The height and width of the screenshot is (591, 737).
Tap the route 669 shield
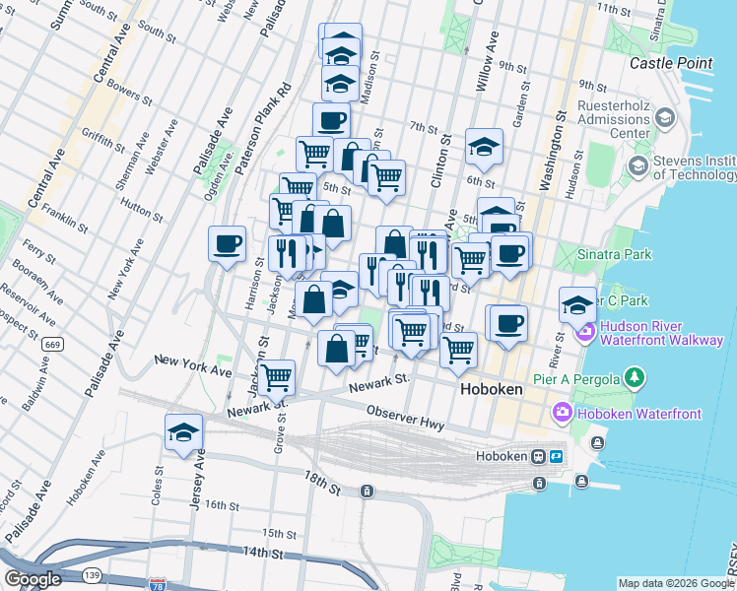point(52,345)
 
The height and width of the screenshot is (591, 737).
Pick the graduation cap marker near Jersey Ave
point(183,431)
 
